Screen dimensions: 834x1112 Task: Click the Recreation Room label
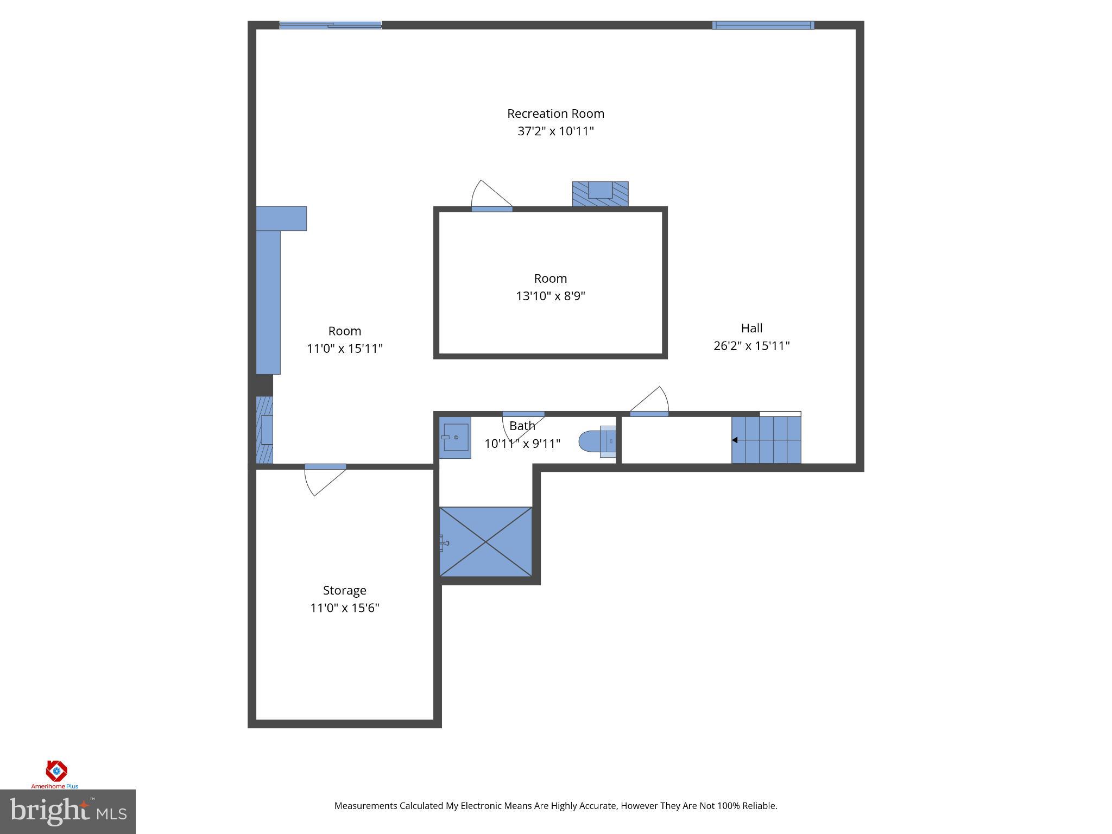point(555,113)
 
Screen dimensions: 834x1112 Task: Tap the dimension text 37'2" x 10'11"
point(555,131)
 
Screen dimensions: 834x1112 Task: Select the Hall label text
point(751,328)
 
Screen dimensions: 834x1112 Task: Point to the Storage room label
point(344,590)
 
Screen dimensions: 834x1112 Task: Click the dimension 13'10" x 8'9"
point(550,296)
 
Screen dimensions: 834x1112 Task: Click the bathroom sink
point(455,438)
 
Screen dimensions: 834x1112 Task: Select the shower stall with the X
point(485,541)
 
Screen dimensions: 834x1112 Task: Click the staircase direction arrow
point(735,440)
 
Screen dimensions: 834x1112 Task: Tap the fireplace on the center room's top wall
point(600,194)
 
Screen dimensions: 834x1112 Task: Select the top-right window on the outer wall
point(763,25)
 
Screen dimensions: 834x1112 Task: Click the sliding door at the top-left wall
point(330,25)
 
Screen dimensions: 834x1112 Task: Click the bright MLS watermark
point(67,811)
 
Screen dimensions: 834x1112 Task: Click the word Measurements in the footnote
point(365,806)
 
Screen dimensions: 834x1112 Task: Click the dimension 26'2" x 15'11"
point(751,345)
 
